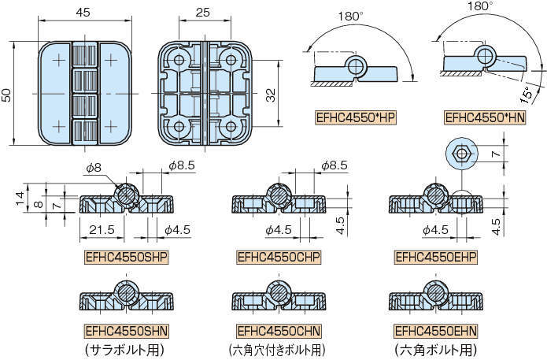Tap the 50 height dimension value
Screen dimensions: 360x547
click(x=7, y=94)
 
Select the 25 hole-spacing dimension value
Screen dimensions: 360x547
click(x=203, y=13)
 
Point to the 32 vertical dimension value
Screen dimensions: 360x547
click(x=270, y=95)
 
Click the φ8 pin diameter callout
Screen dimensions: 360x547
click(x=93, y=167)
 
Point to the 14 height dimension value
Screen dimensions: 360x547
click(x=17, y=195)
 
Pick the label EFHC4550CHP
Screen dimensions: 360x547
click(x=279, y=258)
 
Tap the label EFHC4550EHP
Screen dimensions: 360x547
click(x=432, y=258)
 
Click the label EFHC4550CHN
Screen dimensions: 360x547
click(x=279, y=329)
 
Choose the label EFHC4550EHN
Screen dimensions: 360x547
click(x=432, y=329)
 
